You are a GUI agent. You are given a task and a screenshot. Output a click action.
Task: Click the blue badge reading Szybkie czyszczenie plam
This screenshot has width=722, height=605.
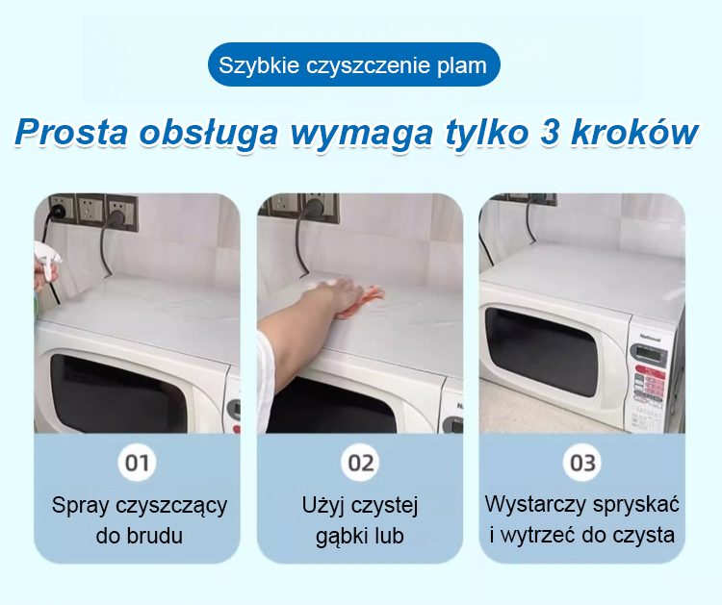tap(353, 64)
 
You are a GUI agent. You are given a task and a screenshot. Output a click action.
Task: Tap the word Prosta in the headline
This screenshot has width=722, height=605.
tap(72, 133)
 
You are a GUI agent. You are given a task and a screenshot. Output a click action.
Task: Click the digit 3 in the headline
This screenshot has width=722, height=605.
tap(550, 133)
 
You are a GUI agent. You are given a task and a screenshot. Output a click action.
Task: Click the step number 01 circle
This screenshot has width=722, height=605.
tap(137, 463)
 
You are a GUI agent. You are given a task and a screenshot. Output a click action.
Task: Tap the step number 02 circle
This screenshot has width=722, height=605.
tap(360, 463)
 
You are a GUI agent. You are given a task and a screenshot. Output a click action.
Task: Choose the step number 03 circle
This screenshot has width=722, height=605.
tap(582, 463)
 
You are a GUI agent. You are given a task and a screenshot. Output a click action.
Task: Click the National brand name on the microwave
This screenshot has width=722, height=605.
tap(649, 339)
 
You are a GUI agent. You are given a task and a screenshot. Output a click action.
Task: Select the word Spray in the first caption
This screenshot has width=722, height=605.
tap(81, 506)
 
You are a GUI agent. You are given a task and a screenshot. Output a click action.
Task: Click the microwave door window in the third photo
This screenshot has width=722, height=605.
tap(543, 352)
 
